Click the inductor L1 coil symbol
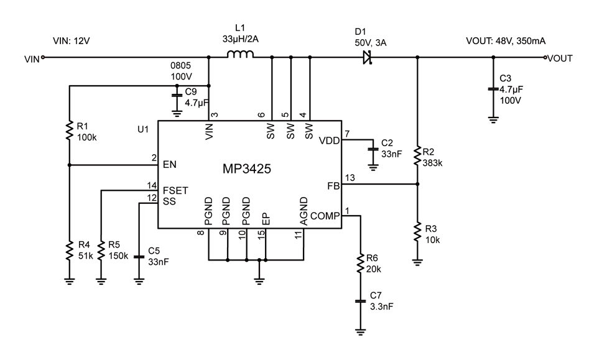pyautogui.click(x=240, y=57)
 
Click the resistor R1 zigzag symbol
pyautogui.click(x=69, y=131)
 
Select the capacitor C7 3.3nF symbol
pyautogui.click(x=359, y=301)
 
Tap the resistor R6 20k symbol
pyautogui.click(x=359, y=264)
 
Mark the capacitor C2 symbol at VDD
pyautogui.click(x=373, y=149)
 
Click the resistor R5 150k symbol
pyautogui.click(x=101, y=250)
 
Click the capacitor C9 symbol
pyautogui.click(x=177, y=96)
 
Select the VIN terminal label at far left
pyautogui.click(x=32, y=59)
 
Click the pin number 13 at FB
pyautogui.click(x=349, y=178)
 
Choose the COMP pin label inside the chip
pyautogui.click(x=325, y=216)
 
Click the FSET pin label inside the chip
pyautogui.click(x=175, y=190)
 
